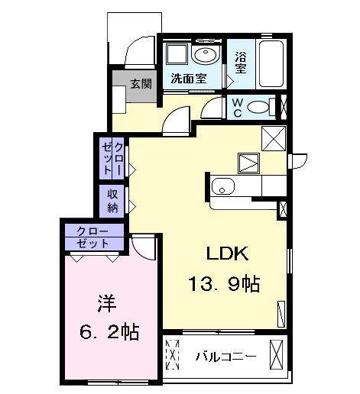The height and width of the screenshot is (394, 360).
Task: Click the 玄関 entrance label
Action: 139,84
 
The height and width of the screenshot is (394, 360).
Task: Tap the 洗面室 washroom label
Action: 188,78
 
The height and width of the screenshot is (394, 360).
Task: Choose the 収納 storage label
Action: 112,199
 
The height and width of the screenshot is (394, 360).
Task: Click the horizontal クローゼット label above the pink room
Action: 92,237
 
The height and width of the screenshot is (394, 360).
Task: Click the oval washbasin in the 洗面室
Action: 204,55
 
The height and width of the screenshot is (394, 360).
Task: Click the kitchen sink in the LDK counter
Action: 223,186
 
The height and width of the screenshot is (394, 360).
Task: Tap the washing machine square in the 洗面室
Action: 176,54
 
